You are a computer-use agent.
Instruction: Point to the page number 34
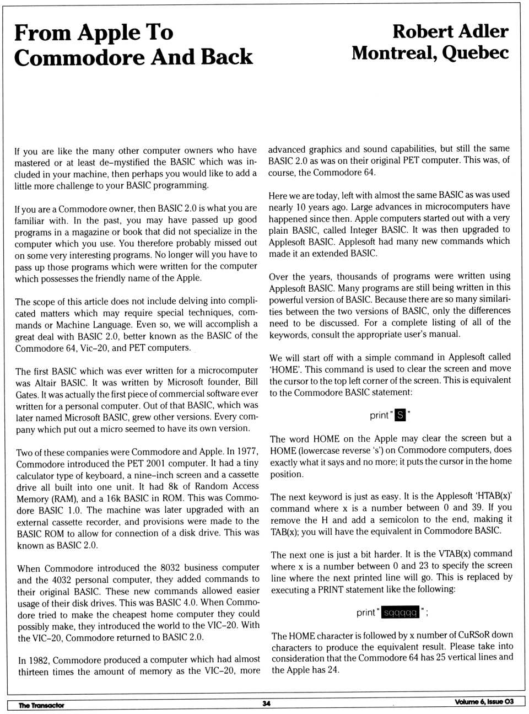[267, 704]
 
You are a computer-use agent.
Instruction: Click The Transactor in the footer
[41, 705]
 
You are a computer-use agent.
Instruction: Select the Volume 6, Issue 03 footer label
[484, 701]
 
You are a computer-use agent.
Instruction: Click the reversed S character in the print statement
[401, 415]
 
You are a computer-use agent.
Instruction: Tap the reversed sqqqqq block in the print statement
[401, 613]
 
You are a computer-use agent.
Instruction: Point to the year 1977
[246, 452]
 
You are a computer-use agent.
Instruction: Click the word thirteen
[34, 672]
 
